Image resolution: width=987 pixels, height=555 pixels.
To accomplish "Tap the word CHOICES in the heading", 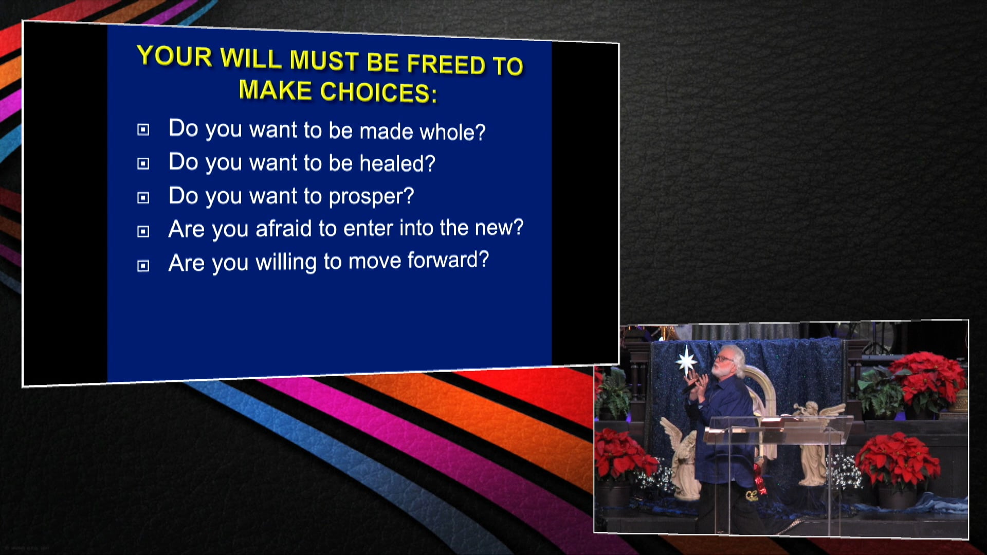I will [378, 92].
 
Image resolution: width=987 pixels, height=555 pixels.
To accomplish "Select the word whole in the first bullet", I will [452, 132].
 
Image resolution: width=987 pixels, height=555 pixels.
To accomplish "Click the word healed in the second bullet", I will [397, 163].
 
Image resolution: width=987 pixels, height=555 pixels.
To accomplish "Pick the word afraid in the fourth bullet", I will [284, 229].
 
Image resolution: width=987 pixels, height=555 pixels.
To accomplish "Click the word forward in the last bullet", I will [448, 260].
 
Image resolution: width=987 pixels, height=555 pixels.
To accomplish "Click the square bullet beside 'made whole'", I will [143, 129].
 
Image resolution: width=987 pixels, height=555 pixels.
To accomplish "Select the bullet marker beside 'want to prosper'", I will [143, 198].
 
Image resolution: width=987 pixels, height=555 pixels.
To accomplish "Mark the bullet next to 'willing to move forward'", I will [143, 266].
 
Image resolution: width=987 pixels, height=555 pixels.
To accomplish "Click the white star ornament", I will [686, 361].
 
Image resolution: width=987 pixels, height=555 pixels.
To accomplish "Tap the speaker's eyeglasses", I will [723, 358].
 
